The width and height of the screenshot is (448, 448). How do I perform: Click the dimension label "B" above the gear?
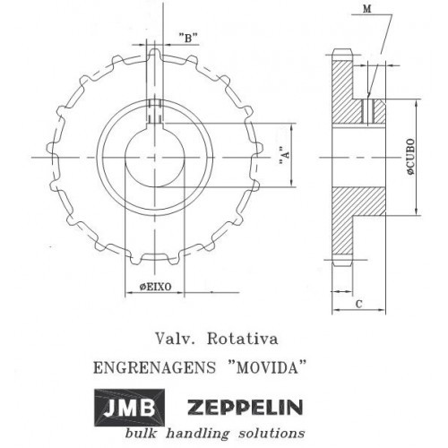187,38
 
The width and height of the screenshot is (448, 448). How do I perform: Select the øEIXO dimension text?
155,287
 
